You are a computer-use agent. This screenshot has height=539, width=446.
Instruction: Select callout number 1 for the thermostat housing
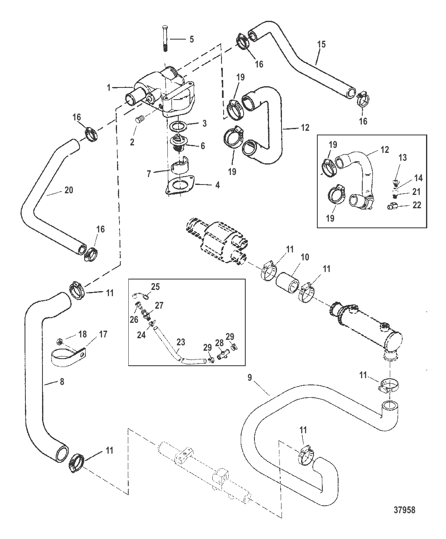tap(109, 88)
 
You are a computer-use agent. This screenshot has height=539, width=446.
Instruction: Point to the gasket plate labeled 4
tap(179, 186)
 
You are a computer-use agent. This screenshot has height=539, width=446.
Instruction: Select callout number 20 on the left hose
tap(69, 190)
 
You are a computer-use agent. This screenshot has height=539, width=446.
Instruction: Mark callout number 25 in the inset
tap(155, 287)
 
